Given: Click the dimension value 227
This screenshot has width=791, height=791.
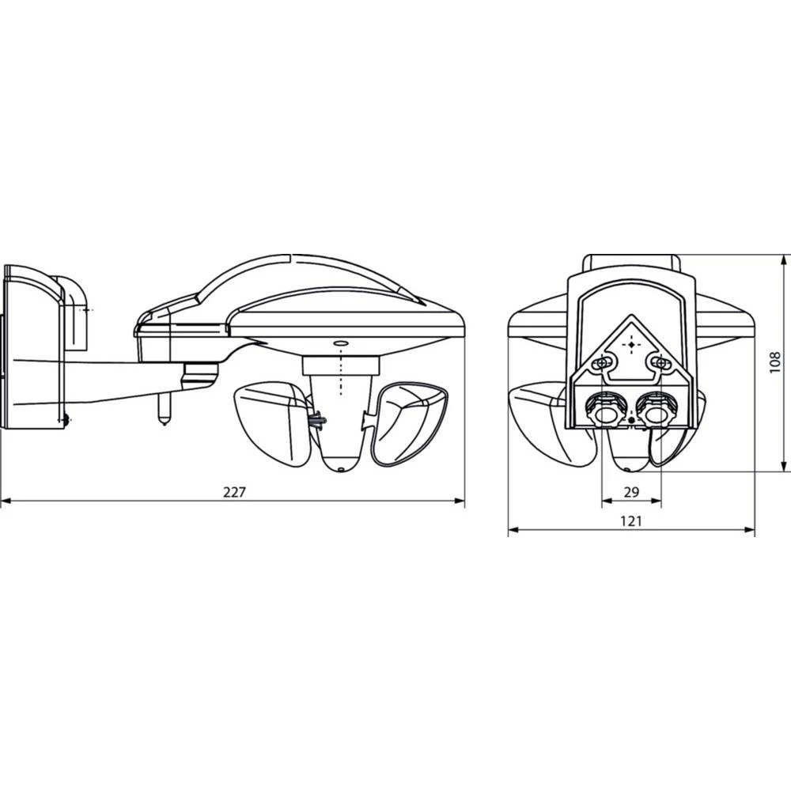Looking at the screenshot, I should point(234,491).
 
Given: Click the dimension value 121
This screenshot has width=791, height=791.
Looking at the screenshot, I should point(630,520).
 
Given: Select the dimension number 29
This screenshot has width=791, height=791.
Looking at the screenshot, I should point(630,491).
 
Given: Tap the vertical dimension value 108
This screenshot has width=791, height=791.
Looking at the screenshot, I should point(774,362).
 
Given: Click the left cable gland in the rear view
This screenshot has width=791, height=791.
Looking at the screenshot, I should point(604,409).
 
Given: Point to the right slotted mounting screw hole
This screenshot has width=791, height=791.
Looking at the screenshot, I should point(656,362).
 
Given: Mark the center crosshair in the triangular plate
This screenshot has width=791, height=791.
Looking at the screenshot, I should point(630,344).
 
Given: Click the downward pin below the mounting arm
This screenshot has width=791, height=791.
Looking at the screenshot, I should point(165,410).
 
